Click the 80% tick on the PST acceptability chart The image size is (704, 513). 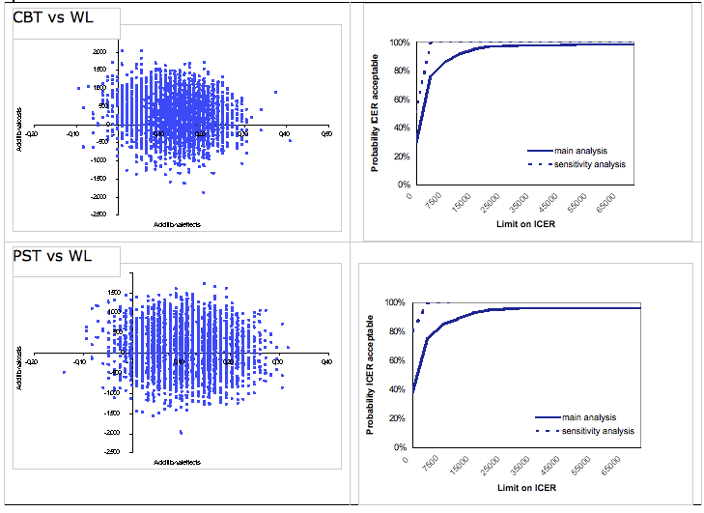click(x=395, y=331)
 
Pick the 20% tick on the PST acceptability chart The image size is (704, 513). click(x=395, y=418)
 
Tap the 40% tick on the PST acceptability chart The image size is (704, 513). click(x=395, y=389)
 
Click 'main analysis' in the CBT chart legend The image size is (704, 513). click(x=580, y=151)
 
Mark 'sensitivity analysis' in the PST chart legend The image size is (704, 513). click(x=598, y=430)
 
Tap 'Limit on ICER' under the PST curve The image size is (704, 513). click(x=525, y=489)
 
